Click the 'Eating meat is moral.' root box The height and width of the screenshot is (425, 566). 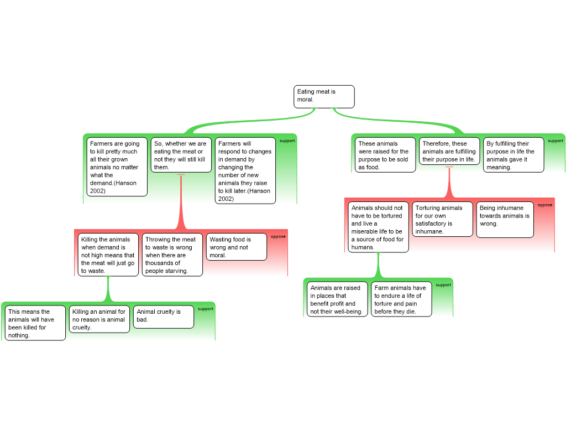[x=324, y=96]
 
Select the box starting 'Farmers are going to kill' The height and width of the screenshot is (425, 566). [x=117, y=167]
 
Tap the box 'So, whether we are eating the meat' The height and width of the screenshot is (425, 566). [x=181, y=155]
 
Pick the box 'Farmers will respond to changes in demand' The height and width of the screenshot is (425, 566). [x=245, y=170]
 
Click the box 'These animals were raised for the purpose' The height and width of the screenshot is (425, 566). [x=385, y=155]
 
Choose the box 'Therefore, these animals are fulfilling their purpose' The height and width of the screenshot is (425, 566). [x=449, y=151]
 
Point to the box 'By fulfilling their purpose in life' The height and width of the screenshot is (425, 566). [x=513, y=155]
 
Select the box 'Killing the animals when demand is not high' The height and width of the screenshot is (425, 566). [x=108, y=255]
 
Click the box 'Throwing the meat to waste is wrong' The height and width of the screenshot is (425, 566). [x=172, y=255]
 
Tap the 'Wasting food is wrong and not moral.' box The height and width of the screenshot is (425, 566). [x=237, y=247]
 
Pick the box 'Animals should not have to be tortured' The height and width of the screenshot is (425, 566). [x=378, y=227]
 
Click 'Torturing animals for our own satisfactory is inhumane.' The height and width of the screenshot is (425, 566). [x=443, y=219]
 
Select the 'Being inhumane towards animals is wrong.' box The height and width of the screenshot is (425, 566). [x=505, y=220]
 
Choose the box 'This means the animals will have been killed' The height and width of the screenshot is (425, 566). [x=35, y=323]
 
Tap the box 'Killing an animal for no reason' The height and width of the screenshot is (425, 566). [x=99, y=319]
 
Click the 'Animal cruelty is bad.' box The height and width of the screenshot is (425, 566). [x=164, y=317]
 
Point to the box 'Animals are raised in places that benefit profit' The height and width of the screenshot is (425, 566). [x=337, y=299]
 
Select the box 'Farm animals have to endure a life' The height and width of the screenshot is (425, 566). [x=401, y=299]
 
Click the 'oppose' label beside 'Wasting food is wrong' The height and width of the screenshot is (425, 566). [x=278, y=236]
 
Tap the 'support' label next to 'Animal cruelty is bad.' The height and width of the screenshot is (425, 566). [x=206, y=309]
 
